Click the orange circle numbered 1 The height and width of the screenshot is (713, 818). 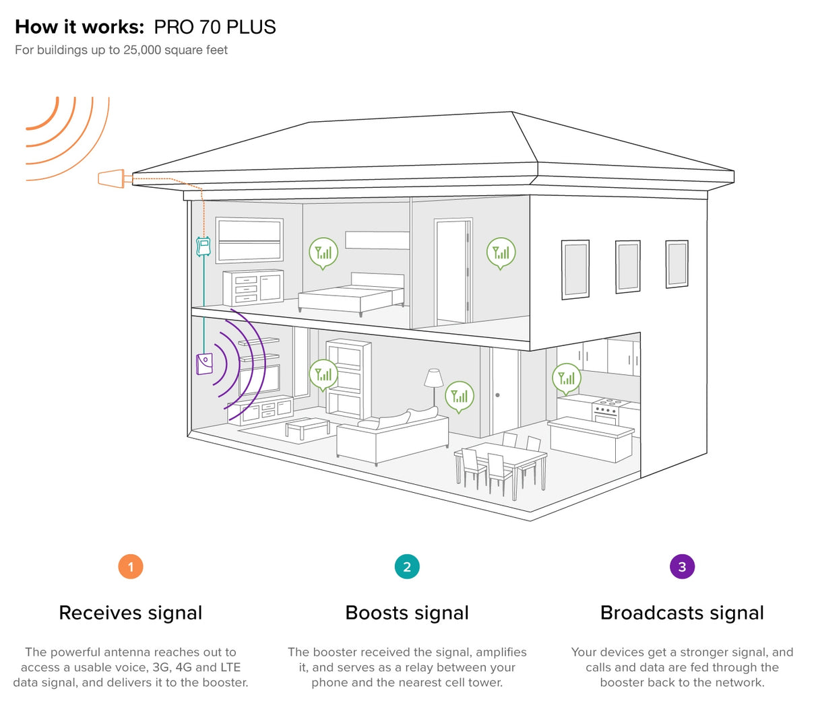[x=131, y=566]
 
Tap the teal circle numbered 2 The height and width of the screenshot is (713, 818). [x=407, y=566]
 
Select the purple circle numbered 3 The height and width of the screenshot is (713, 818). [x=682, y=566]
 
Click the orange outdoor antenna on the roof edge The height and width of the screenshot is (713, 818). [x=111, y=178]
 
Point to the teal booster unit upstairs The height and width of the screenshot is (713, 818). [x=203, y=246]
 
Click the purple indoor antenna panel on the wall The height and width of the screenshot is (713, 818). [x=204, y=363]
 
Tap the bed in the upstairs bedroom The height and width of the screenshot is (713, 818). [x=352, y=294]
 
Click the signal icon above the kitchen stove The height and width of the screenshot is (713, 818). [x=567, y=378]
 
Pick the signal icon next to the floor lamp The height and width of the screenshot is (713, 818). [x=460, y=397]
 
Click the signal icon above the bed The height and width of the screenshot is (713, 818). [x=323, y=252]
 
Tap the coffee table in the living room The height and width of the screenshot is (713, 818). [x=307, y=427]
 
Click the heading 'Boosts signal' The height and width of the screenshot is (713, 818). [x=407, y=613]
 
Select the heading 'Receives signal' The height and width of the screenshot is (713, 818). [x=131, y=613]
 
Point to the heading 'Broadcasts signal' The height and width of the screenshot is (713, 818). [x=682, y=613]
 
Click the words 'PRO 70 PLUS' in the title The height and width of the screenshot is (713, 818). [x=215, y=27]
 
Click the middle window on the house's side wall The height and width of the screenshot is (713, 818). [x=627, y=267]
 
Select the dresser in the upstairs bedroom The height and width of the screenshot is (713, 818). [x=253, y=287]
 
